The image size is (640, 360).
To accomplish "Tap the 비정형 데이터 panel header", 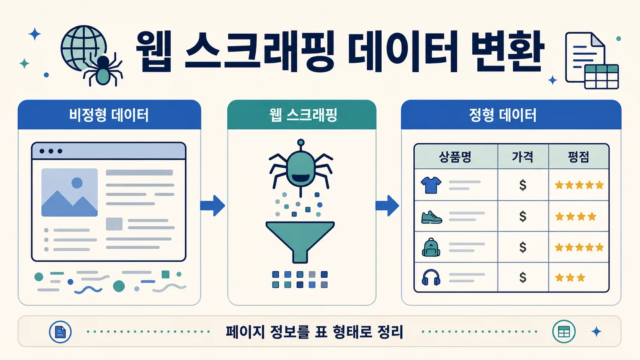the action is coord(109,115).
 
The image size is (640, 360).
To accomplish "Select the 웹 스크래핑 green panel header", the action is coord(302,115).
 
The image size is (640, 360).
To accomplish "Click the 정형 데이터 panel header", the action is coord(511,115).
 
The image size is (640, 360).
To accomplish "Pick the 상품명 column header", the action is coord(455,157).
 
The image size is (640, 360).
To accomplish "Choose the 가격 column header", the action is coord(523,157).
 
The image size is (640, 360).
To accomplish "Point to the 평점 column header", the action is coord(579,157).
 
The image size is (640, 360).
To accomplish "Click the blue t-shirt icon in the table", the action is coord(431,185).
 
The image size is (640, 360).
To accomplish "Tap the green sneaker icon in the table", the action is coord(432,217).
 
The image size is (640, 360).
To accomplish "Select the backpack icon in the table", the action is coord(431,247).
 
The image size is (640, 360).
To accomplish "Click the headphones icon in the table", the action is coord(431,277).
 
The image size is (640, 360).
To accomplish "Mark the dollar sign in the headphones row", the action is coord(523,277).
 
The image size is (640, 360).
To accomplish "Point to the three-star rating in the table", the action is coord(570,277).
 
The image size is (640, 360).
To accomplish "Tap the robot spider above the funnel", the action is coord(300,168).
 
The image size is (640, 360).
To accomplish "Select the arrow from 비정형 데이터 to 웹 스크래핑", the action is coord(212,205).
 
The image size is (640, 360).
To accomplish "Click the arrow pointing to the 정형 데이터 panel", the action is coord(387,205).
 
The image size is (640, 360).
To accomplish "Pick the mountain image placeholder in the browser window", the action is coord(69,192).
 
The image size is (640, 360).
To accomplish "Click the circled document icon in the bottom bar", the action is coord(60,332).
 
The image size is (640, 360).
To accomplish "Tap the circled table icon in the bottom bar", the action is coord(564,332).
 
